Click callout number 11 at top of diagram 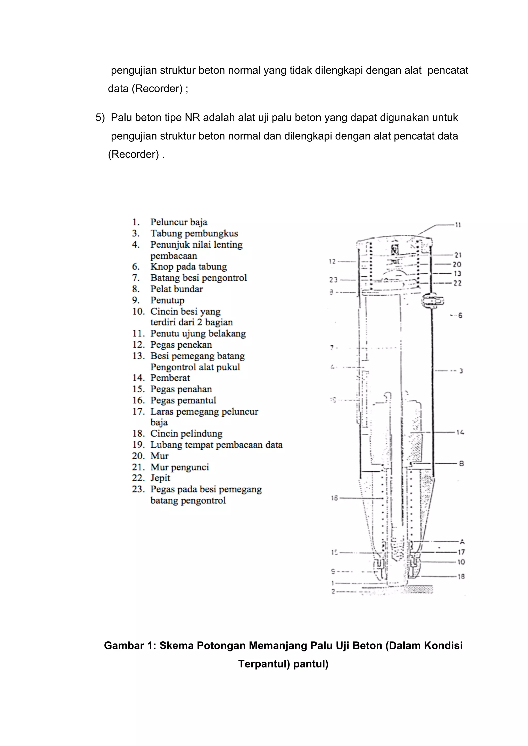(x=458, y=225)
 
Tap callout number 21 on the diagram (x=458, y=255)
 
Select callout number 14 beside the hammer (x=460, y=433)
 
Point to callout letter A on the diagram (x=462, y=542)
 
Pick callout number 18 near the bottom (x=461, y=577)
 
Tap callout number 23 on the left (x=333, y=279)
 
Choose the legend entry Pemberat (x=170, y=378)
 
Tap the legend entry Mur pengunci (x=179, y=467)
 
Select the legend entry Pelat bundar (x=177, y=289)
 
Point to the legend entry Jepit (x=160, y=478)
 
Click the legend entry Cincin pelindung (x=186, y=434)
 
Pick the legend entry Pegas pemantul (x=183, y=400)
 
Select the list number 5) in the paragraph (x=100, y=118)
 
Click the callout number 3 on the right (x=461, y=371)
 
